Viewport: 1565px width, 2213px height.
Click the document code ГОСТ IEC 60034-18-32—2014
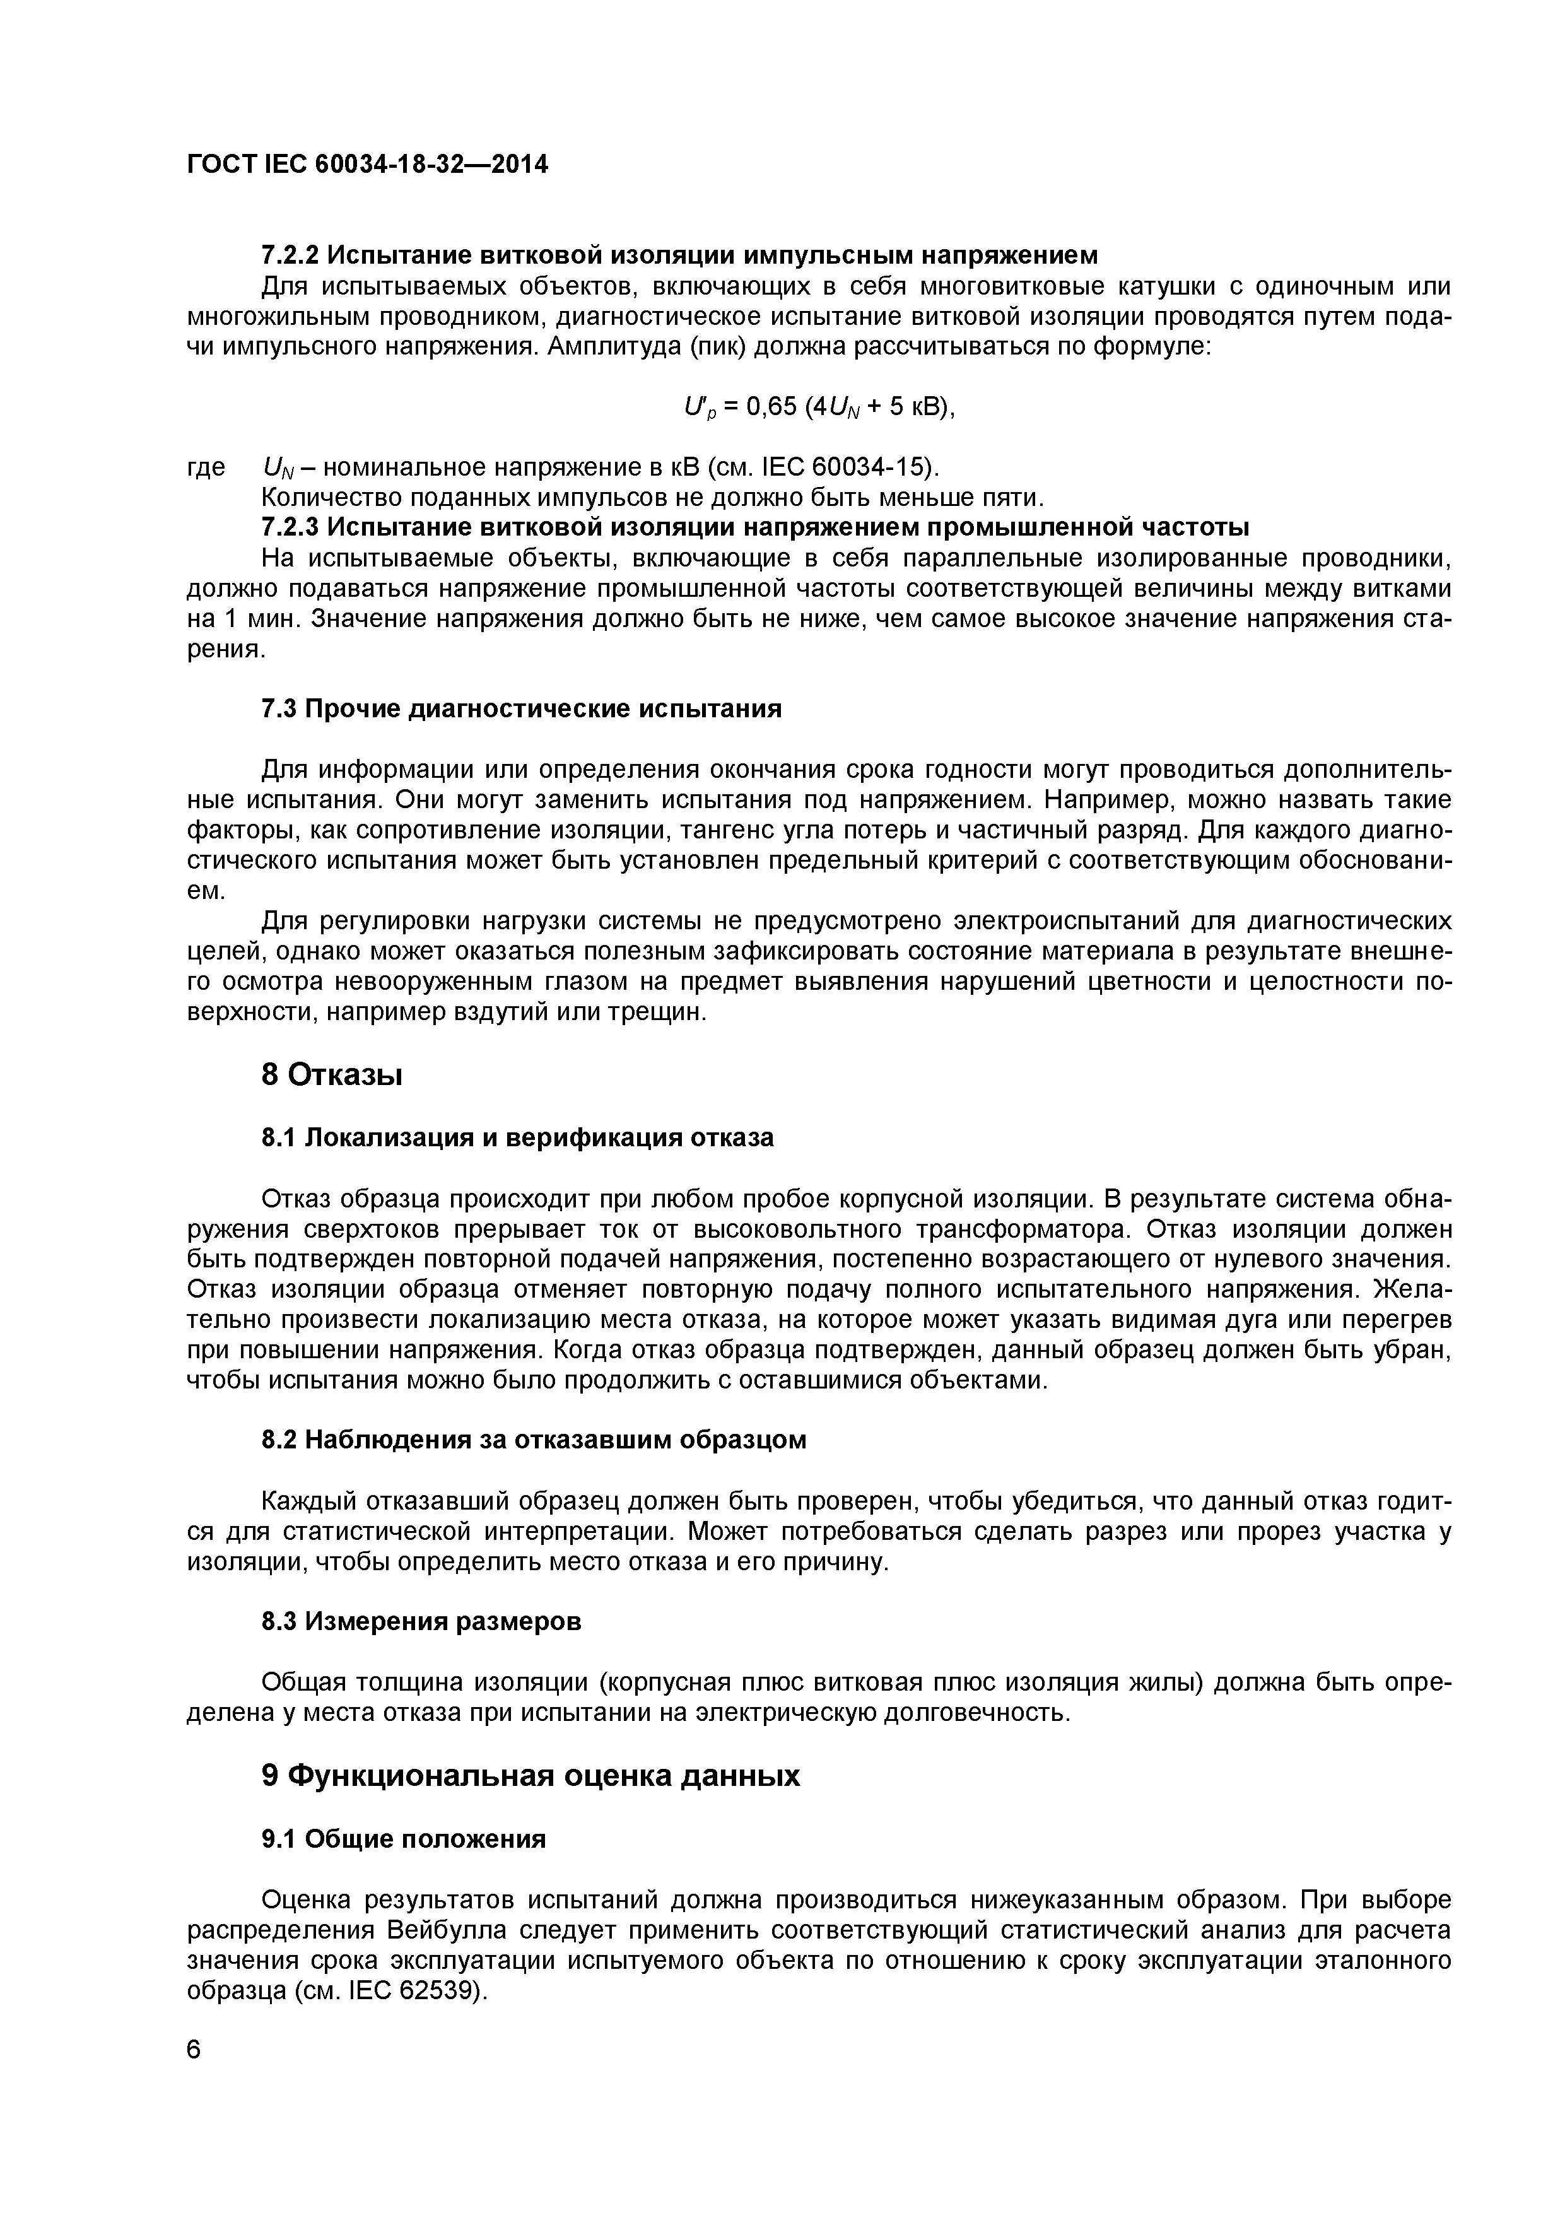pyautogui.click(x=367, y=165)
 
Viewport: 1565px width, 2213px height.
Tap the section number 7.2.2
pyautogui.click(x=290, y=255)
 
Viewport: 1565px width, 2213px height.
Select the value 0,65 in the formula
pyautogui.click(x=769, y=407)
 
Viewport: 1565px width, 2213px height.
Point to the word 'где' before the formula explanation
pyautogui.click(x=205, y=467)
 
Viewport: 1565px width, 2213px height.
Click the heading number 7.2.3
pyautogui.click(x=290, y=527)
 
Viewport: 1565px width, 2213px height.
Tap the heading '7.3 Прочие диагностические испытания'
pyautogui.click(x=521, y=710)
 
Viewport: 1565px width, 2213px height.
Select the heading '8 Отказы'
pyautogui.click(x=332, y=1074)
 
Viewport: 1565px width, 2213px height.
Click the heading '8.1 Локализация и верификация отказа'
pyautogui.click(x=517, y=1138)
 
